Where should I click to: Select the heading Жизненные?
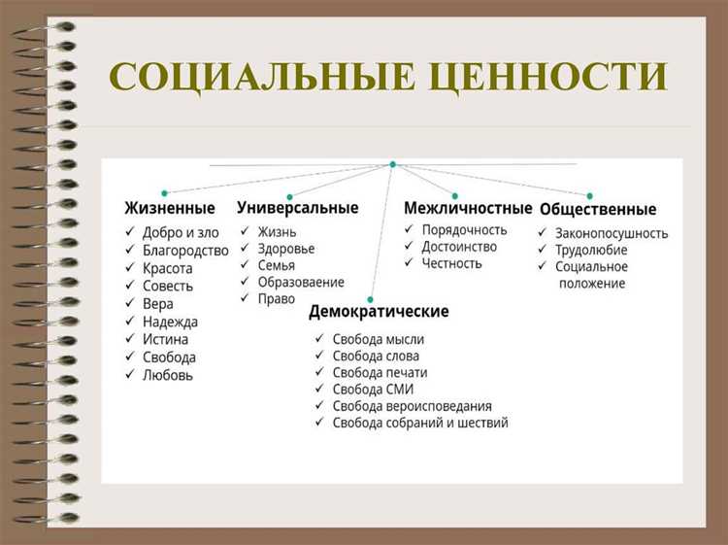(170, 208)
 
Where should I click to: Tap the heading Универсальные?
(297, 208)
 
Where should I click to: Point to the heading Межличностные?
(468, 208)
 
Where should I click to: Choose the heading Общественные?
(598, 209)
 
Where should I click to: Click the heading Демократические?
(379, 312)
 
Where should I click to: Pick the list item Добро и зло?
(181, 232)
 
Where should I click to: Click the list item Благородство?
(185, 250)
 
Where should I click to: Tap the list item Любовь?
(168, 374)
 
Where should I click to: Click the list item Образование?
(301, 282)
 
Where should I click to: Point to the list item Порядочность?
(464, 229)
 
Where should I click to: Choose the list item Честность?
(451, 262)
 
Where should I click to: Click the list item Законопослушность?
(612, 233)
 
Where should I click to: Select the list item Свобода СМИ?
(373, 389)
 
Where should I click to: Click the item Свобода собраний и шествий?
(419, 423)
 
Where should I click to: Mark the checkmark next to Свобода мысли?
(319, 339)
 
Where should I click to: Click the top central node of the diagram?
(392, 164)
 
